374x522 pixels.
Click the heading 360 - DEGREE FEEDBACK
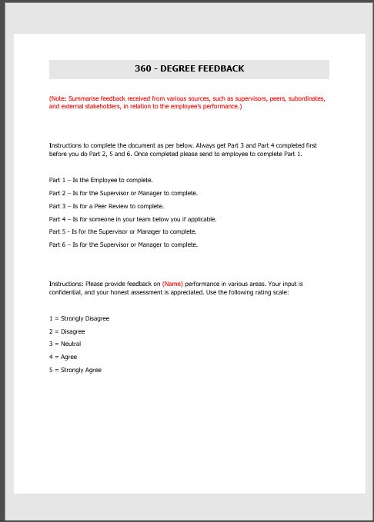189,68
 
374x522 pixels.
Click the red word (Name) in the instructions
172,284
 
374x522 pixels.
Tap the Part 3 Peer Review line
106,206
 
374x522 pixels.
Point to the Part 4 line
132,219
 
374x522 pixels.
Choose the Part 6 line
123,244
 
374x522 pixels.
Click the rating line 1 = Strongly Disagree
79,318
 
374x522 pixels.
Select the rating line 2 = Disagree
67,331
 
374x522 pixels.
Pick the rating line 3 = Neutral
65,344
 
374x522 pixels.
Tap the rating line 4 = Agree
63,357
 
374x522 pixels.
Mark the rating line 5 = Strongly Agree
75,370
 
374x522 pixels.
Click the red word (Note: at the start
58,99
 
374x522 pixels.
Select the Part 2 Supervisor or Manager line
123,193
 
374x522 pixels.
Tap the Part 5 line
122,231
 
